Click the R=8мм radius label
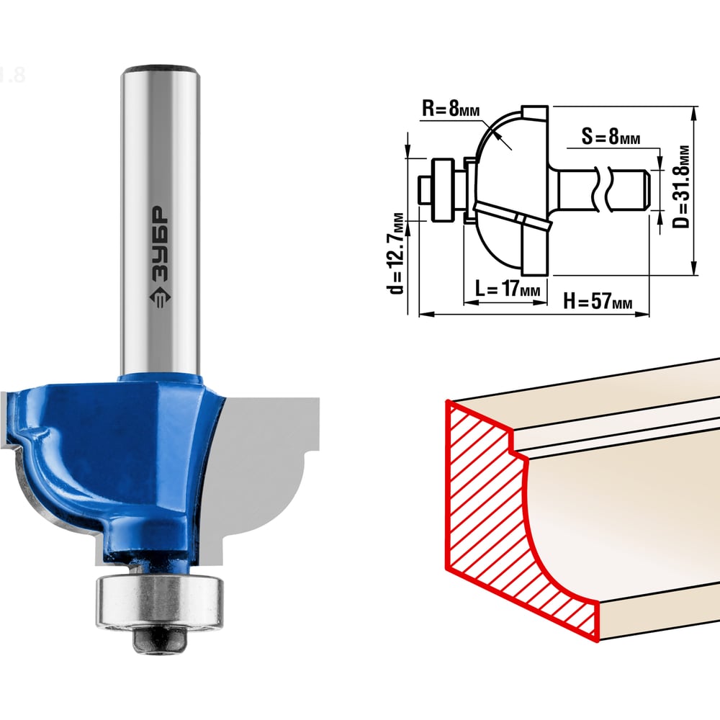[x=451, y=109]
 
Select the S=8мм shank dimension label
[x=611, y=136]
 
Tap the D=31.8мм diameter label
[x=681, y=186]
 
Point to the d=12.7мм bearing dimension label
[x=395, y=253]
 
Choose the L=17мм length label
[x=507, y=289]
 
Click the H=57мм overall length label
[x=598, y=301]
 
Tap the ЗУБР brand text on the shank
[x=160, y=243]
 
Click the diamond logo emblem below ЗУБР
[x=160, y=299]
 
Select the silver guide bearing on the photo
[x=159, y=600]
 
